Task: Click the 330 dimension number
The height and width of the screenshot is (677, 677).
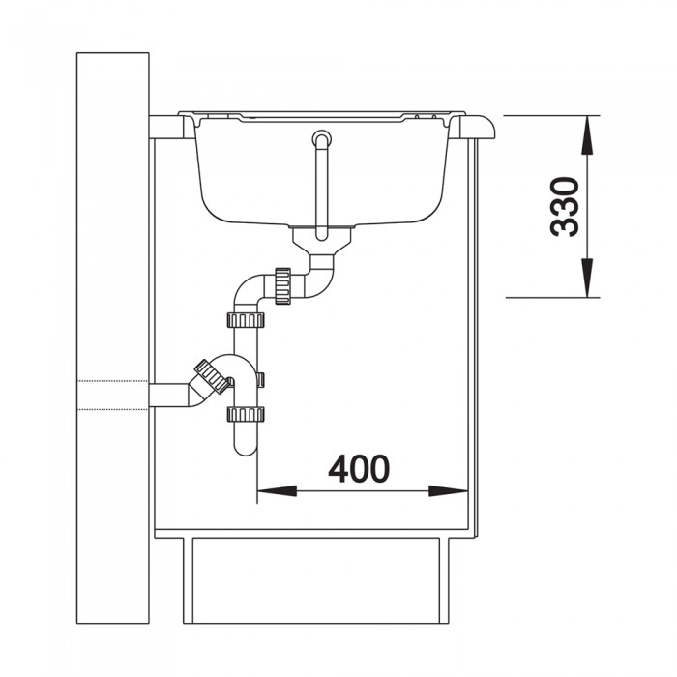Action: point(565,206)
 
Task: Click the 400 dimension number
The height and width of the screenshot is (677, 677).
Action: point(359,469)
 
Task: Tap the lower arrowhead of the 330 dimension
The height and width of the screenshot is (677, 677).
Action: point(587,278)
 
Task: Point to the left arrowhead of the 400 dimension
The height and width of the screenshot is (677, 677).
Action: point(277,491)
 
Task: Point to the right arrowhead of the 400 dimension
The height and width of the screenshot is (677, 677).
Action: point(448,491)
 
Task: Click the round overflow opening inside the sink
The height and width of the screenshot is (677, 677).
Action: point(322,138)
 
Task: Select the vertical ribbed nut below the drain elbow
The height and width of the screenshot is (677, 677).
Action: point(282,286)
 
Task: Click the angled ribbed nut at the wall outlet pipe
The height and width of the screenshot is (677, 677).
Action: point(212,376)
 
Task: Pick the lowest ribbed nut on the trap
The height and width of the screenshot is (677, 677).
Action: point(246,414)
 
